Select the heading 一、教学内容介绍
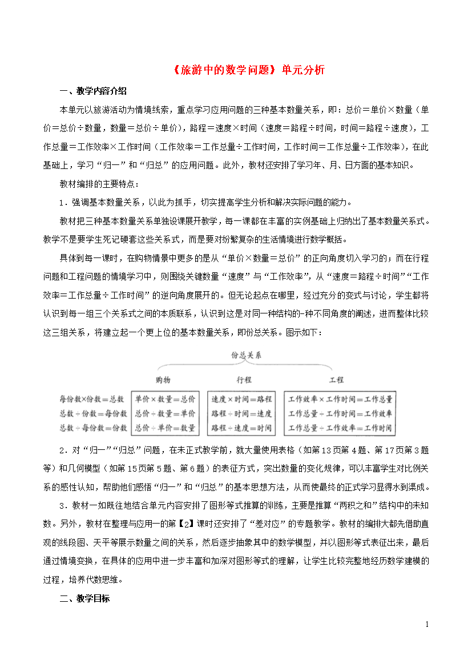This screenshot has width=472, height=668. pyautogui.click(x=93, y=91)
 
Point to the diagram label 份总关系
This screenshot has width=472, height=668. pyautogui.click(x=246, y=355)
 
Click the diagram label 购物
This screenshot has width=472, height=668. pyautogui.click(x=163, y=380)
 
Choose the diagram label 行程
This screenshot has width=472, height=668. pyautogui.click(x=244, y=380)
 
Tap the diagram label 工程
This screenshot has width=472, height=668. pyautogui.click(x=336, y=380)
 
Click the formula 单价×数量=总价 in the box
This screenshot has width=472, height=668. pyautogui.click(x=165, y=399)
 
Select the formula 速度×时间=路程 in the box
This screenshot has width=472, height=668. pyautogui.click(x=241, y=399)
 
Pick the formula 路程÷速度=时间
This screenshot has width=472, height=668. pyautogui.click(x=241, y=428)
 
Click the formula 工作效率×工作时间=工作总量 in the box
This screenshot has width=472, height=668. pyautogui.click(x=340, y=399)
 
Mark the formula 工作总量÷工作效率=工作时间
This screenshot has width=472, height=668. pyautogui.click(x=340, y=428)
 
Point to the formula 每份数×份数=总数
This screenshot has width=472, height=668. pyautogui.click(x=92, y=399)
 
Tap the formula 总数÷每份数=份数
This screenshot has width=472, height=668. pyautogui.click(x=92, y=428)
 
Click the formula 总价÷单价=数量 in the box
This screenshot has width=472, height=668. pyautogui.click(x=165, y=428)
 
